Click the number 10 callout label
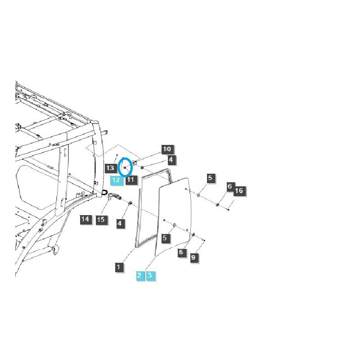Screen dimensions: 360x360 point(167,149)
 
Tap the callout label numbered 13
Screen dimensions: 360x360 point(111,168)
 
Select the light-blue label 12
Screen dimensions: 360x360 point(116,180)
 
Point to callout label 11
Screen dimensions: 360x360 point(130,180)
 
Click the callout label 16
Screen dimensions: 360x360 point(238,191)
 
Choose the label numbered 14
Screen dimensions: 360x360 point(85,219)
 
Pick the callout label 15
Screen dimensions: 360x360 point(100,219)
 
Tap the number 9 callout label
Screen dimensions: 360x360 point(193,258)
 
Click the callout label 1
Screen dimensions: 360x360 point(118,267)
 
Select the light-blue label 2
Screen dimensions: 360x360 point(139,275)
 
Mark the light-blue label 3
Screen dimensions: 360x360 point(151,275)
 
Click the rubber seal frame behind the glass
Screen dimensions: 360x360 point(140,211)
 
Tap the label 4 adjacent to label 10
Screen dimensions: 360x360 point(171,159)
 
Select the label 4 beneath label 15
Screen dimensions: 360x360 point(120,223)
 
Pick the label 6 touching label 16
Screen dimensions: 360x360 point(229,186)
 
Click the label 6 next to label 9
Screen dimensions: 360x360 point(181,252)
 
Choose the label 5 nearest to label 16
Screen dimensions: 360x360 point(210,178)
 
